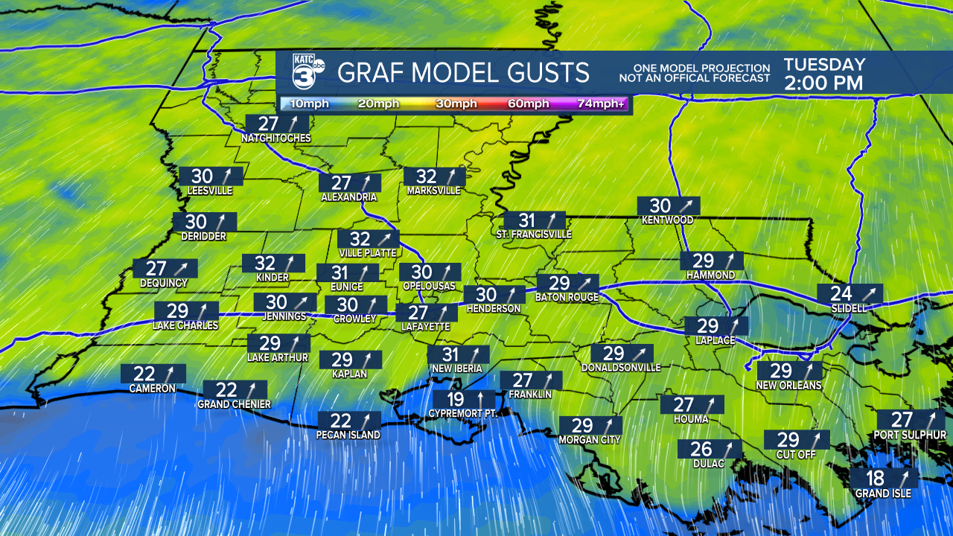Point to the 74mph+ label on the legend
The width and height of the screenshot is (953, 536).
click(x=601, y=103)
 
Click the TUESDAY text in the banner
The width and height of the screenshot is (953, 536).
click(x=824, y=65)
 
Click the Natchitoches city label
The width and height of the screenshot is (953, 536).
click(x=275, y=138)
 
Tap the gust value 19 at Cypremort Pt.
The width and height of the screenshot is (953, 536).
click(x=455, y=400)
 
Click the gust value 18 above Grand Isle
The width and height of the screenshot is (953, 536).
click(x=876, y=478)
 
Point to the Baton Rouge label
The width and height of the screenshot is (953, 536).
click(x=567, y=298)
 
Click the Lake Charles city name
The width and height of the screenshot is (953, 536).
click(x=185, y=325)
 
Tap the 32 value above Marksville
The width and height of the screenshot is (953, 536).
click(x=426, y=176)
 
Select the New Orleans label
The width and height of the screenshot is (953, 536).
click(x=788, y=386)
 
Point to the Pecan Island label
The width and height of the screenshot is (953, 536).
click(x=348, y=435)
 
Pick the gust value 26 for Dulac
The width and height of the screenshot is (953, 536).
click(x=701, y=449)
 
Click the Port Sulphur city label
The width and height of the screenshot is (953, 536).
click(x=911, y=435)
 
